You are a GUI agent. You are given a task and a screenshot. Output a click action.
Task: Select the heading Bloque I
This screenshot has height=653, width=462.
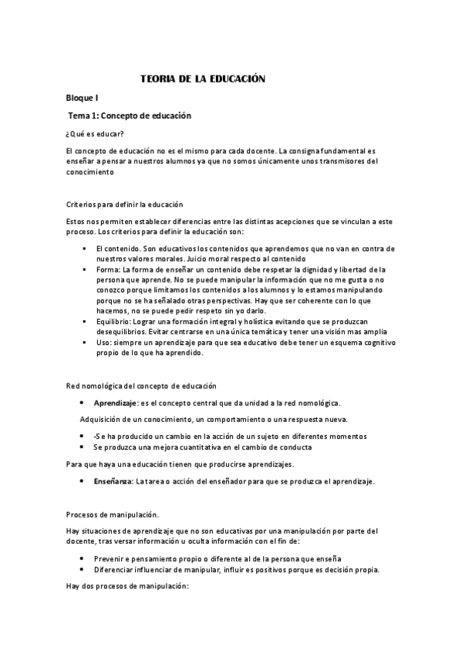tap(82, 99)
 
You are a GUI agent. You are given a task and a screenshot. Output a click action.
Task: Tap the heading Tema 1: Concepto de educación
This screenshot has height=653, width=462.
tap(130, 116)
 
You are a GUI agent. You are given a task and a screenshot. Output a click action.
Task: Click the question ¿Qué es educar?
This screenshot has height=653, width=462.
tap(92, 134)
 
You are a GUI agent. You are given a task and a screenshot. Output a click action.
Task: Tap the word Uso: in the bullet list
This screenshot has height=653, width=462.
tap(103, 343)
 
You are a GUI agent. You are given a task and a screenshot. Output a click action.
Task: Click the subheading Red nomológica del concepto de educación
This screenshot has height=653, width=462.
tap(142, 385)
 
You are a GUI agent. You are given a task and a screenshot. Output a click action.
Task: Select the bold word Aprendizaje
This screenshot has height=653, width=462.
tap(116, 403)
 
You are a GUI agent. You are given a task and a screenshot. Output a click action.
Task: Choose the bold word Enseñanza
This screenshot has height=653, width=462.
tap(113, 481)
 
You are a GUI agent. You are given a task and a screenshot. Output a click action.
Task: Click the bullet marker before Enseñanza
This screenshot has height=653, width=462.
tap(83, 481)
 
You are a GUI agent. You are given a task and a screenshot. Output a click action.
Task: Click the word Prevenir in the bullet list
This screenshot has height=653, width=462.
tap(110, 558)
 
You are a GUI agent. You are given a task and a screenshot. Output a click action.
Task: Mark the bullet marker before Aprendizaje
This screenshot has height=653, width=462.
tap(83, 403)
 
